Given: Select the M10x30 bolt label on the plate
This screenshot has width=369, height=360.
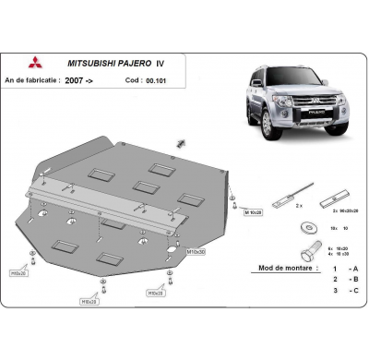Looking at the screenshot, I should click(x=196, y=251).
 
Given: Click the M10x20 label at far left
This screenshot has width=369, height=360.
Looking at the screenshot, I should click(x=18, y=273).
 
